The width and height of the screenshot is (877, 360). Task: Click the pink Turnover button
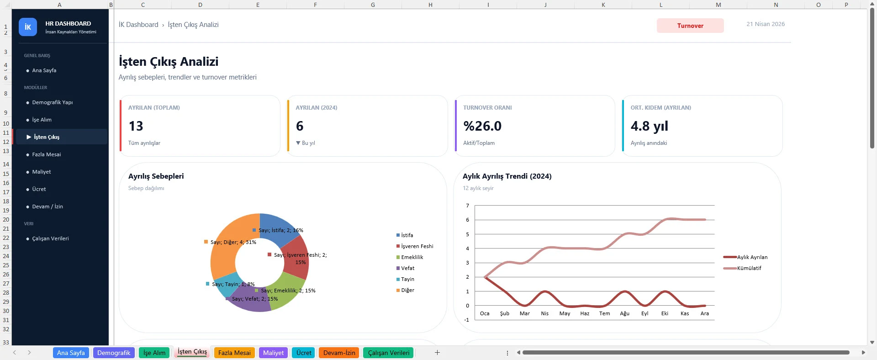[x=690, y=26]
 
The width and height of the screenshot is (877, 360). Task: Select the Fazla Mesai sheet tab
[x=234, y=353]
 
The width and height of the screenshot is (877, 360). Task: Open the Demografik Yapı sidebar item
[x=52, y=102]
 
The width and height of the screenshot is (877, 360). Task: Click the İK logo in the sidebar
[x=28, y=27]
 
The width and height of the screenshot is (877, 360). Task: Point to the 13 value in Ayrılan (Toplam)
[x=136, y=126]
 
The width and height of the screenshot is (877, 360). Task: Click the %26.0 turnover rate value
[x=482, y=126]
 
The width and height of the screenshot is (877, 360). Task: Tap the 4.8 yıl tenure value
[x=649, y=126]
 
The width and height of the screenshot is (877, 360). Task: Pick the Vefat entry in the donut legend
[x=407, y=268]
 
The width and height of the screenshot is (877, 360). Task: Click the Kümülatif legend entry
[x=749, y=268]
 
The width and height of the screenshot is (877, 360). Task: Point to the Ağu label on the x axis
[x=624, y=313]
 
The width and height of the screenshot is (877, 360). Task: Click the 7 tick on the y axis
[x=467, y=206]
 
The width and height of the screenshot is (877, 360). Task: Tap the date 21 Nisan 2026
[x=766, y=24]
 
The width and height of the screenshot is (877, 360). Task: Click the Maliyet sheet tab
[x=273, y=353]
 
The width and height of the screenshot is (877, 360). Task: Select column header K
[x=603, y=5]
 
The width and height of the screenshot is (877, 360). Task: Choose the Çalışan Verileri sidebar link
[x=50, y=238]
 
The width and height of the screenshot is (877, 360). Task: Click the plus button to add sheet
[x=437, y=352]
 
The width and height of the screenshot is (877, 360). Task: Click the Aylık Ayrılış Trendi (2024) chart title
[x=507, y=176]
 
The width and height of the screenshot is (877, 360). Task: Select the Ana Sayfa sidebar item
[x=44, y=70]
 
